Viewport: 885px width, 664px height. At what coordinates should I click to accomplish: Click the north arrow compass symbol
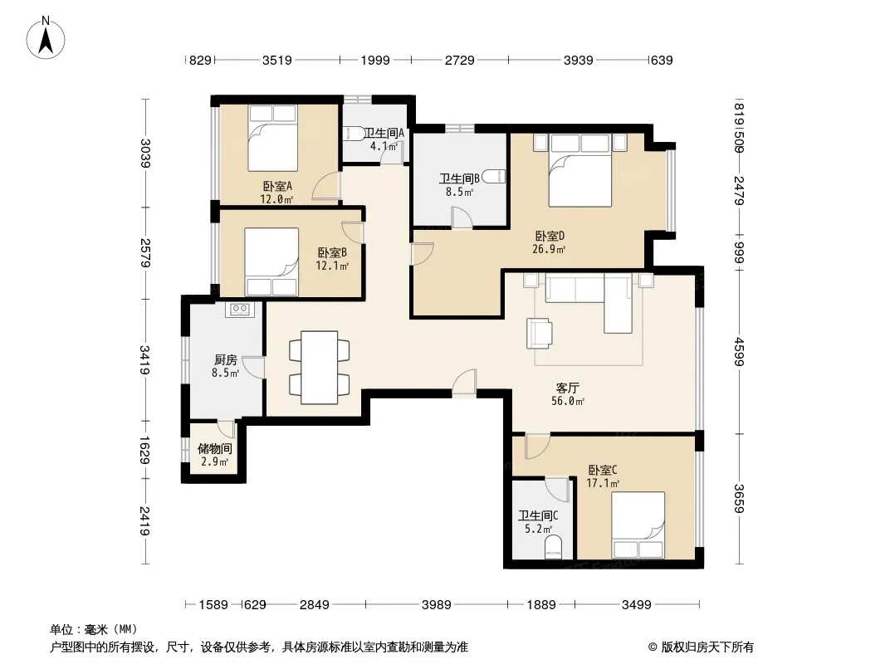46,38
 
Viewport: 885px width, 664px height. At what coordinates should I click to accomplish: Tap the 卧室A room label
277,186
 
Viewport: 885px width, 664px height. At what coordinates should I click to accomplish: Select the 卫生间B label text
459,178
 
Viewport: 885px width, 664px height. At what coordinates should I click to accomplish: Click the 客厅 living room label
567,388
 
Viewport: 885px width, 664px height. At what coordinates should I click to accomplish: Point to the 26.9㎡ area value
549,249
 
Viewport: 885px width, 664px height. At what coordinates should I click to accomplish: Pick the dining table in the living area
320,367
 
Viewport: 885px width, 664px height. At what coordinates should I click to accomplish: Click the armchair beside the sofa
540,333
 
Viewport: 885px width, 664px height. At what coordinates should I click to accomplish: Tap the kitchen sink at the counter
240,309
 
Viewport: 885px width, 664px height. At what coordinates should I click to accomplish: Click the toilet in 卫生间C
554,548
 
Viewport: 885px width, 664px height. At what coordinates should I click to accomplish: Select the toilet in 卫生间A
354,134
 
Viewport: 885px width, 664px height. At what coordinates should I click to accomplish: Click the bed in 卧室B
271,261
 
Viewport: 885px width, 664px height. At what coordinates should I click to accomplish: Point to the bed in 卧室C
638,525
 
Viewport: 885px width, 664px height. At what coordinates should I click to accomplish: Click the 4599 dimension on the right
739,351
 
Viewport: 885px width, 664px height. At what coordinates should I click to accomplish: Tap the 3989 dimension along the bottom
437,605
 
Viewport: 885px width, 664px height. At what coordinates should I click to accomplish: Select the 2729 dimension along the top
459,60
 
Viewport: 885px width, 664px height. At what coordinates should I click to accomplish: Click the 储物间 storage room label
214,449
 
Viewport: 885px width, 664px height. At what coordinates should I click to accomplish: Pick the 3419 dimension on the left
144,360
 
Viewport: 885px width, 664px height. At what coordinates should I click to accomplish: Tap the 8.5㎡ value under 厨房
225,373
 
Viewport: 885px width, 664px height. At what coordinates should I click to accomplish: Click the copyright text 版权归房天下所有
707,647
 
